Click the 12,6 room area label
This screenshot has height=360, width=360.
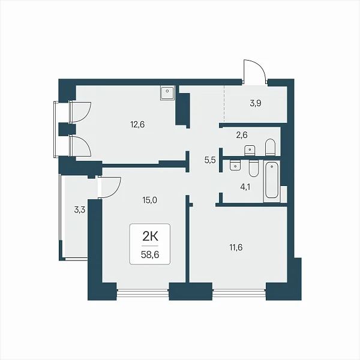point(137,125)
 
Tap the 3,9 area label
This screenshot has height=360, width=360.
point(256,104)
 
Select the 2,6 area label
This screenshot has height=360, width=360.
point(242,135)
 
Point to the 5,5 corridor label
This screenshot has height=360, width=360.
point(210,160)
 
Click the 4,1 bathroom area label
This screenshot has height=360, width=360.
point(245,187)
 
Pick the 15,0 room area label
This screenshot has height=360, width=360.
point(149,200)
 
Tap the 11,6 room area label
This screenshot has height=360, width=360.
point(236,247)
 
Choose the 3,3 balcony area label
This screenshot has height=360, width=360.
point(79,210)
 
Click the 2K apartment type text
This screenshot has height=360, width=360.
point(150,237)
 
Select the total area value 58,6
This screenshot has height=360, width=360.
point(150,254)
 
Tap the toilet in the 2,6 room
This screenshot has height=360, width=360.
point(270,147)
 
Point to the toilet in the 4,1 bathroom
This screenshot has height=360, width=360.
point(253,168)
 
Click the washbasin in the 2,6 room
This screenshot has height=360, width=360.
point(250,151)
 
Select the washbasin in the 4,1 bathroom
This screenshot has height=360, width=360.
point(235,166)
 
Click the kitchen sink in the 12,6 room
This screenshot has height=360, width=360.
point(167,92)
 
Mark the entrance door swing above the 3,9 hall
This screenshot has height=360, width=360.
point(254,71)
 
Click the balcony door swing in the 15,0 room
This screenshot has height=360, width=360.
point(110,187)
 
